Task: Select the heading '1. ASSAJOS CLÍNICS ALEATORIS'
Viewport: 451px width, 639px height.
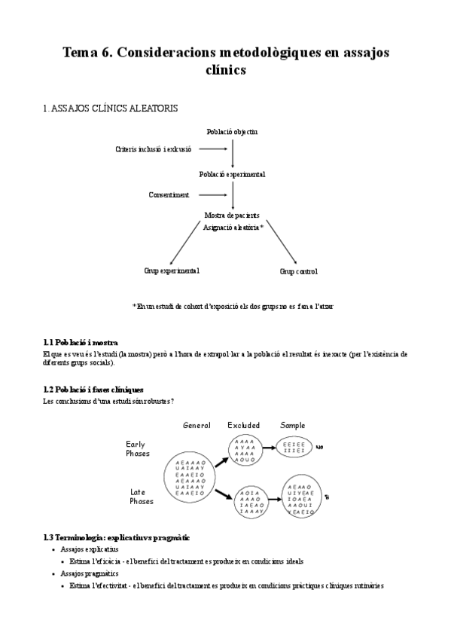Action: pos(111,109)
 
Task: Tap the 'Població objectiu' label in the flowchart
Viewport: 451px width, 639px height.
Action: pos(232,132)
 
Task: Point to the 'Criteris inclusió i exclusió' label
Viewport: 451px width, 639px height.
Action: pos(154,149)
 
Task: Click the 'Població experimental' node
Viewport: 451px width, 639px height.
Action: pos(232,174)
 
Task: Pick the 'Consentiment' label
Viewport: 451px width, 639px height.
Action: pos(169,194)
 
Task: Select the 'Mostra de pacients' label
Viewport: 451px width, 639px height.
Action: pos(232,216)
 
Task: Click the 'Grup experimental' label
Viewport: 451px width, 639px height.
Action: pos(172,270)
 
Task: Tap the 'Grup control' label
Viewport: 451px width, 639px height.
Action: pos(298,271)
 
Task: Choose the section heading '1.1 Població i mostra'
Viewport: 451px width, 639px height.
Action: pos(81,343)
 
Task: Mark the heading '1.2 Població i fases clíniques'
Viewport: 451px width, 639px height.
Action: pos(93,389)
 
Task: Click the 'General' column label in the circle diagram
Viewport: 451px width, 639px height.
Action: pos(197,426)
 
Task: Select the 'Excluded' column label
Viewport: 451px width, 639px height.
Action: pos(243,426)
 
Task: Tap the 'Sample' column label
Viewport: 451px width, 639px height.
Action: pos(293,426)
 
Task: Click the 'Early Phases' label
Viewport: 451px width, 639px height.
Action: pos(138,449)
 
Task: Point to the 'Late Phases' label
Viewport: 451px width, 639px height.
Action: pos(141,497)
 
